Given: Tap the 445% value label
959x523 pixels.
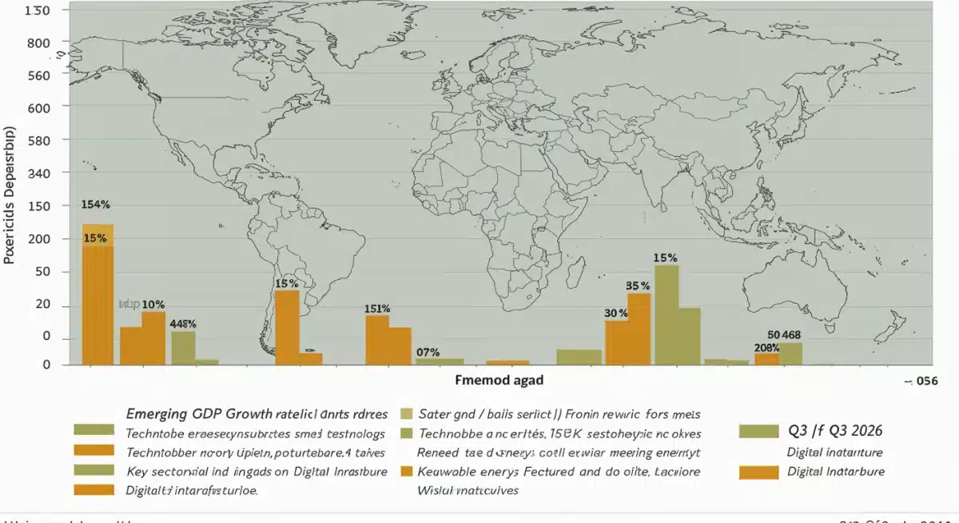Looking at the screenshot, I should (183, 324).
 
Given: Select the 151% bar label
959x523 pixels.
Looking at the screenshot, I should (377, 309).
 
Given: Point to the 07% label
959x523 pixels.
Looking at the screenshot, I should (428, 352).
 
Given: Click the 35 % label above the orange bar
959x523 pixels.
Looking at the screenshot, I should (637, 285).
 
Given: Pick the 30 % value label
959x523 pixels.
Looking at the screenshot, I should (615, 313).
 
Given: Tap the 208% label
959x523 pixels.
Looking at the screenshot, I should (766, 348).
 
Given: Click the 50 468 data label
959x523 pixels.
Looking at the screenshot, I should (783, 334).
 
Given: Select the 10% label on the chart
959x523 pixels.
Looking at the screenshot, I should (153, 305).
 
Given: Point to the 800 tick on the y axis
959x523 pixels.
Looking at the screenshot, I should (38, 43).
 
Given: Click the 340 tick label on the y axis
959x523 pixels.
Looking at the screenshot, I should (38, 174).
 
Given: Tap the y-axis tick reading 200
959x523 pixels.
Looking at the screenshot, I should (38, 239).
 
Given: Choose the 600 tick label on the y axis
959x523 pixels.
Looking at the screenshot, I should (38, 108).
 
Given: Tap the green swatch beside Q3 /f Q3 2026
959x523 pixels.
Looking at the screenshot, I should (758, 432).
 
